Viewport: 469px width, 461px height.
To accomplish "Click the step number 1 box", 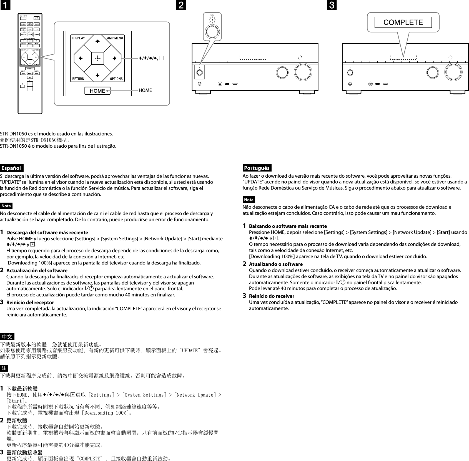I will (x=5, y=5).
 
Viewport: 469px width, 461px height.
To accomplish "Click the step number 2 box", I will (x=181, y=5).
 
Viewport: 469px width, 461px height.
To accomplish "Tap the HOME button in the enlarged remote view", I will (x=97, y=91).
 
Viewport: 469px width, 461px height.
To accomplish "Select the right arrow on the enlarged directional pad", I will (x=114, y=58).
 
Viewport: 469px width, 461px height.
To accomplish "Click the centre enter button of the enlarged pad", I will (x=97, y=58).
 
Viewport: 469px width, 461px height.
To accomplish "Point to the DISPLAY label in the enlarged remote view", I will (x=79, y=38).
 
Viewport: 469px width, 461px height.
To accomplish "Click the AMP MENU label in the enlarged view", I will (x=115, y=38).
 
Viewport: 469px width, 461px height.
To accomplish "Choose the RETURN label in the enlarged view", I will (x=78, y=79).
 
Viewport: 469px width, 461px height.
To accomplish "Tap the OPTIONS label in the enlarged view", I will (x=116, y=79).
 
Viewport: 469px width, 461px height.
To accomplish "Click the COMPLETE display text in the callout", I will (x=403, y=22).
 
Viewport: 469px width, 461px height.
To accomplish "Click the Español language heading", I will (x=12, y=168).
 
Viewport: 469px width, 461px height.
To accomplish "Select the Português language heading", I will (x=257, y=168).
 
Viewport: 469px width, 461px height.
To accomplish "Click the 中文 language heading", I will (x=7, y=337).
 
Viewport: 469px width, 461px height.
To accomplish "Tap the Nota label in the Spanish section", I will (x=6, y=206).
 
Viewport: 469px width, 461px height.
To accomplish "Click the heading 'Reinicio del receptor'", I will (x=30, y=303).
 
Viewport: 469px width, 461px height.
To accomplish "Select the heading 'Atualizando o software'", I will (x=276, y=264).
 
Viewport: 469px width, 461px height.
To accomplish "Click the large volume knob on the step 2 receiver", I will (x=303, y=72).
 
